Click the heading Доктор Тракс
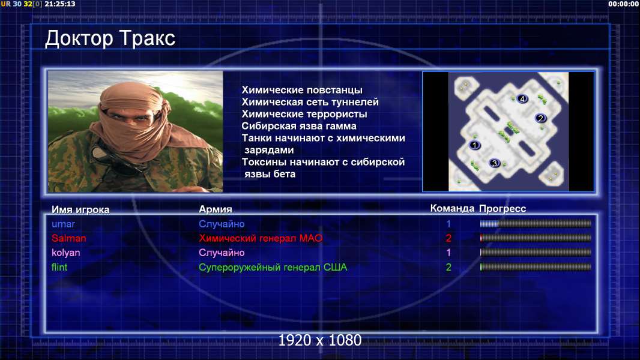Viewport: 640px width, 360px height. pyautogui.click(x=110, y=39)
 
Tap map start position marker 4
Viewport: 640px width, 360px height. pyautogui.click(x=522, y=98)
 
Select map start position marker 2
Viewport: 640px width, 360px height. pyautogui.click(x=541, y=118)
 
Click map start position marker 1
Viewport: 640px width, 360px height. pyautogui.click(x=474, y=145)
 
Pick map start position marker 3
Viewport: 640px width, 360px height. pyautogui.click(x=494, y=163)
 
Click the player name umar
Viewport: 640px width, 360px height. pyautogui.click(x=63, y=224)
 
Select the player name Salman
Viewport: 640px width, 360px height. pyautogui.click(x=68, y=238)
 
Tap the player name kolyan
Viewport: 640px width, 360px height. pyautogui.click(x=65, y=253)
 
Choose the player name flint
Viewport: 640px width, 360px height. pyautogui.click(x=59, y=267)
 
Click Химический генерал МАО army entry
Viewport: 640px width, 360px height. pyautogui.click(x=261, y=238)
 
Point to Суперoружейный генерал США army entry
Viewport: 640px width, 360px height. pyautogui.click(x=273, y=268)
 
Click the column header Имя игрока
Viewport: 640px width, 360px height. pyautogui.click(x=80, y=209)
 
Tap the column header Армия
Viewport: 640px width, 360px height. pyautogui.click(x=215, y=209)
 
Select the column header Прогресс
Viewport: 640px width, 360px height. pyautogui.click(x=503, y=209)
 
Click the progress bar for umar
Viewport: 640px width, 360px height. pyautogui.click(x=536, y=223)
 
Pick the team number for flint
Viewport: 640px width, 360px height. pyautogui.click(x=448, y=267)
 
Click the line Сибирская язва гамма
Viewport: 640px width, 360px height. pyautogui.click(x=299, y=126)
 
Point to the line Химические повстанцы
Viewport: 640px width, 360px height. pyautogui.click(x=302, y=89)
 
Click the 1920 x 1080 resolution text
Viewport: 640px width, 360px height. pyautogui.click(x=320, y=340)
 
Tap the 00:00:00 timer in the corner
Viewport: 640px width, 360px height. pyautogui.click(x=623, y=4)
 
